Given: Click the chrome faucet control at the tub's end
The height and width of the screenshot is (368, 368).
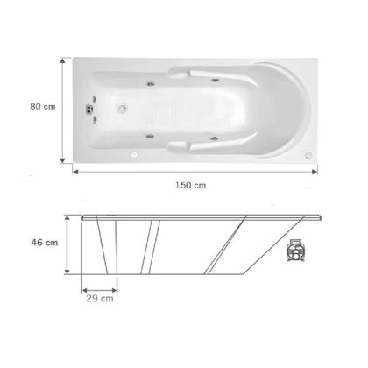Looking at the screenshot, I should [x=88, y=110].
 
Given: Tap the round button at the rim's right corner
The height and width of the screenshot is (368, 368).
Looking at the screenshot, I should [x=307, y=156].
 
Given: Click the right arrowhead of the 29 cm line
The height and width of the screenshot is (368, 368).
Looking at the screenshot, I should [x=117, y=287].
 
